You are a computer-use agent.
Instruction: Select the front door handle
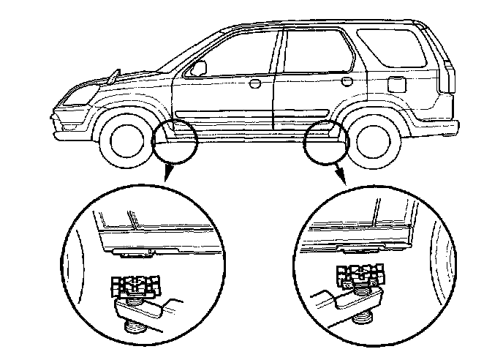point(255,83)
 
